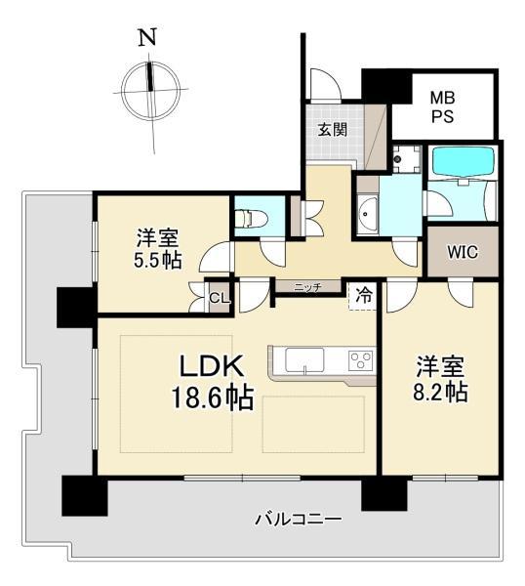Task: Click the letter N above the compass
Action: [147, 37]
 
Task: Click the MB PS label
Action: [443, 107]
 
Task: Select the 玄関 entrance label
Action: [333, 130]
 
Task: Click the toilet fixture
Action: [251, 218]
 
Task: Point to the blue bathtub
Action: [463, 161]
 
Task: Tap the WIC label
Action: [463, 252]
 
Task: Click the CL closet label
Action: [220, 298]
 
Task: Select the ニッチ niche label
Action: [308, 287]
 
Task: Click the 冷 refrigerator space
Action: [363, 295]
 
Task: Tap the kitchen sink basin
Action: [304, 360]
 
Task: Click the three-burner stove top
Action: [361, 360]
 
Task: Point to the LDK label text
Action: [212, 366]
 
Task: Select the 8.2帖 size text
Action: [441, 393]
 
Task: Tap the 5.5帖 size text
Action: [158, 261]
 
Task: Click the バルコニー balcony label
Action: [299, 520]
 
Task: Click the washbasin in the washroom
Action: [368, 214]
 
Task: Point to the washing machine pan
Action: [406, 158]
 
